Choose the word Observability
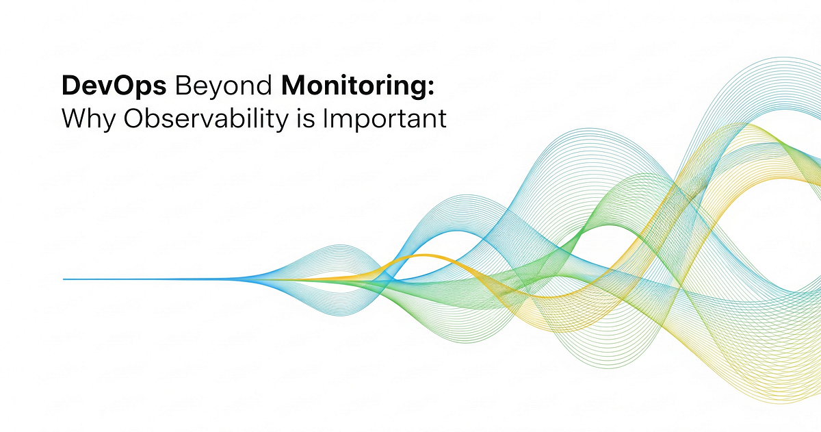click(x=206, y=120)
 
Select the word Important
click(x=385, y=120)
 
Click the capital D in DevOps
click(x=71, y=85)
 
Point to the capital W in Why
click(x=75, y=118)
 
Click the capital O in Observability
click(x=133, y=118)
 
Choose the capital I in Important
click(x=325, y=118)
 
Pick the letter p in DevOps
click(x=142, y=90)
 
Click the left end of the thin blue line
click(x=64, y=279)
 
